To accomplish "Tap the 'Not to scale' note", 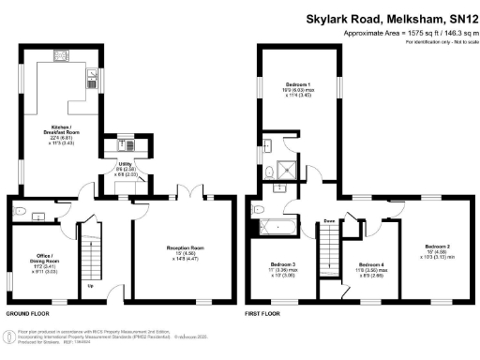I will tap(457, 43).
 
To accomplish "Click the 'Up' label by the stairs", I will tap(89, 285).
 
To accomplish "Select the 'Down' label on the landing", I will tap(330, 220).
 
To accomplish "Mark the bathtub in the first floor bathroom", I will tap(277, 226).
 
